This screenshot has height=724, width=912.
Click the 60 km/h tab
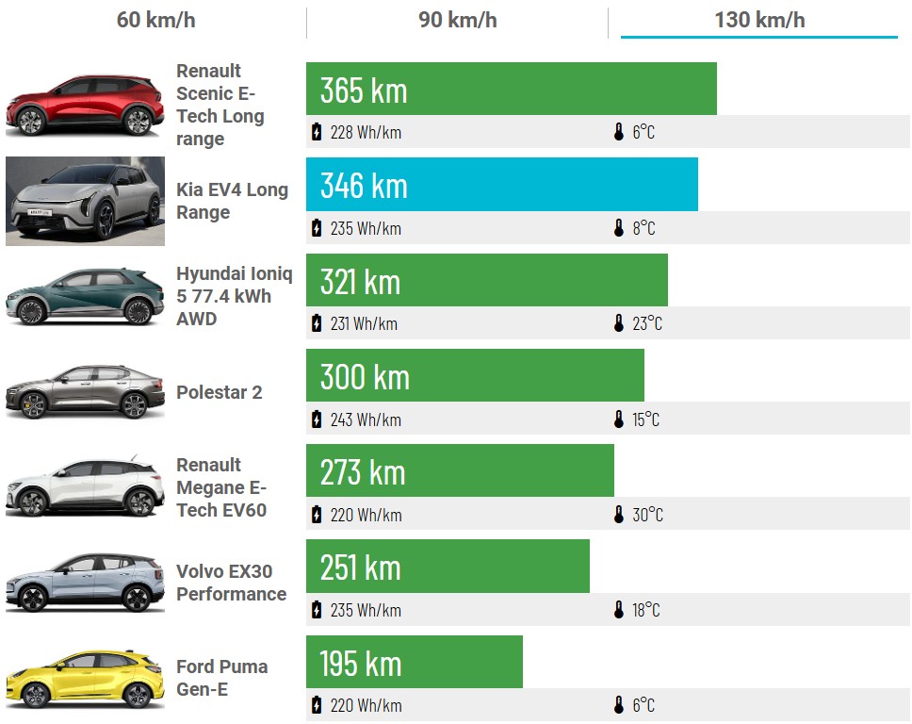[x=155, y=20]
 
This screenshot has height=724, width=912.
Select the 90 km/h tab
[x=457, y=20]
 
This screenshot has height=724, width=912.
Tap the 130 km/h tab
[x=759, y=20]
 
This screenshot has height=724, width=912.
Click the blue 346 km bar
[x=501, y=185]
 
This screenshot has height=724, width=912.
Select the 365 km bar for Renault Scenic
[x=511, y=90]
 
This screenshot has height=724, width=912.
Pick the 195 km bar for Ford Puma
[x=414, y=662]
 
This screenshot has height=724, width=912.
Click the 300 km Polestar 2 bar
[x=475, y=376]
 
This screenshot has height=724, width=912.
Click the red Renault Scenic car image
[x=85, y=105]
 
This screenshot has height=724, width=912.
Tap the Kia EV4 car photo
[x=85, y=201]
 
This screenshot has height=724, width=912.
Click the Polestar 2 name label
[x=219, y=392]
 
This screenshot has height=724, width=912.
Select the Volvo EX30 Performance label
[x=231, y=583]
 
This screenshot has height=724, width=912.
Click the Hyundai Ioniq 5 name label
[x=234, y=296]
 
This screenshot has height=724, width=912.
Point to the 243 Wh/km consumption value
[x=366, y=420]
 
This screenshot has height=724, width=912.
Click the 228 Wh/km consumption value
[x=366, y=132]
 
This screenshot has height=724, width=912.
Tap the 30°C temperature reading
[x=647, y=515]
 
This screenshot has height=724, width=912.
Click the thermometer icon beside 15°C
[x=619, y=420]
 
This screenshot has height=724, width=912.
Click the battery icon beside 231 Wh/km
[x=317, y=323]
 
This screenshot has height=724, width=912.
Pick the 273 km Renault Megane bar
[x=460, y=471]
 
